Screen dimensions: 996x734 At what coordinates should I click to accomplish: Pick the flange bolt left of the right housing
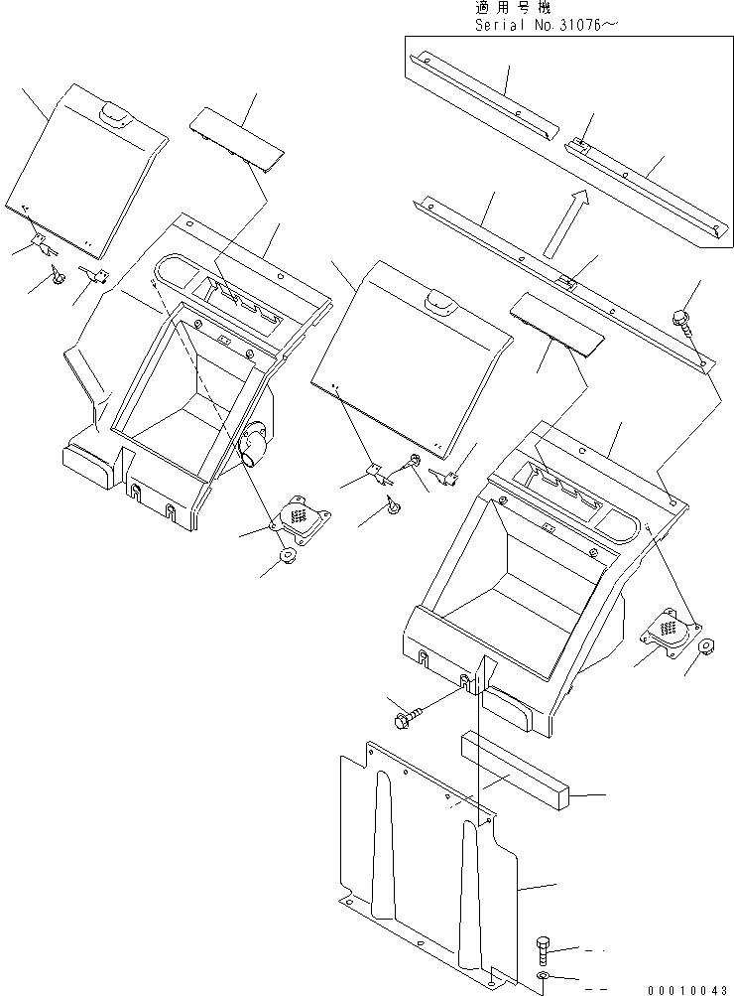pos(413,713)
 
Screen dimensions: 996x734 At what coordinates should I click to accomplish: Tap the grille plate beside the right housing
pos(671,630)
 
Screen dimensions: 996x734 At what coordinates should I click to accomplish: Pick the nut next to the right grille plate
pos(709,647)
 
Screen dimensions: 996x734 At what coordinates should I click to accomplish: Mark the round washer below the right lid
pos(395,507)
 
